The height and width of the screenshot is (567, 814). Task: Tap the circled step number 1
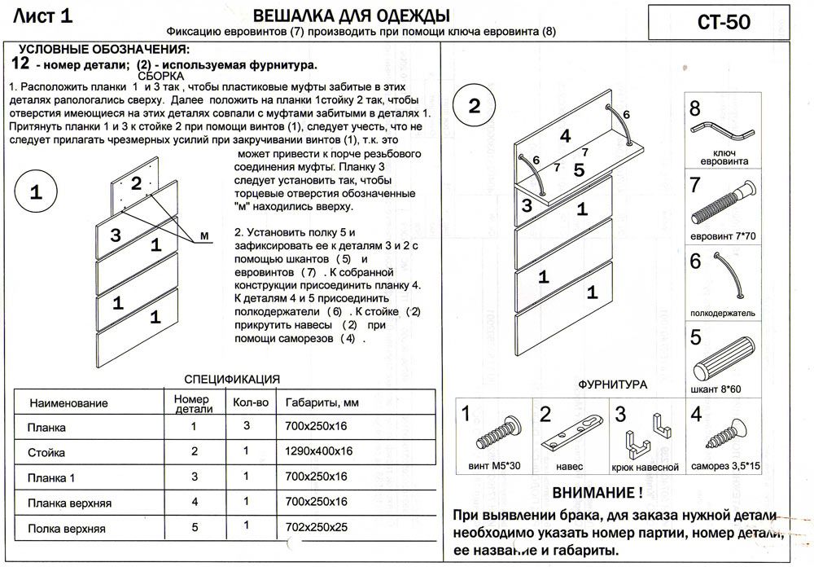pyautogui.click(x=36, y=193)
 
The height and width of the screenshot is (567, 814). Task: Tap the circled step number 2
pyautogui.click(x=475, y=106)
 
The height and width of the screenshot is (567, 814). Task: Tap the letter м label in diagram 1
pyautogui.click(x=205, y=235)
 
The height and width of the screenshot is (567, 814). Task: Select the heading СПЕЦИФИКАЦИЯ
pyautogui.click(x=232, y=379)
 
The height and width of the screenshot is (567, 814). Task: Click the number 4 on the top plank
pyautogui.click(x=564, y=136)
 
